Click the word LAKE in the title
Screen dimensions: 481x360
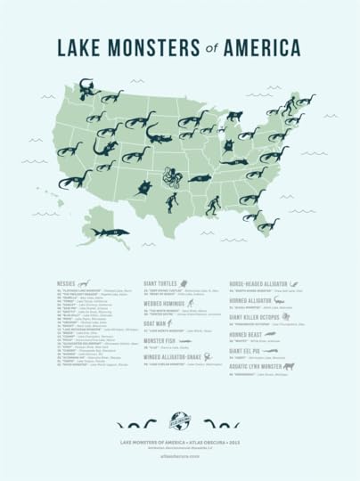pos(83,46)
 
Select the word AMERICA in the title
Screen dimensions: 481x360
pos(264,46)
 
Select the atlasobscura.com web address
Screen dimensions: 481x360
pos(180,453)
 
